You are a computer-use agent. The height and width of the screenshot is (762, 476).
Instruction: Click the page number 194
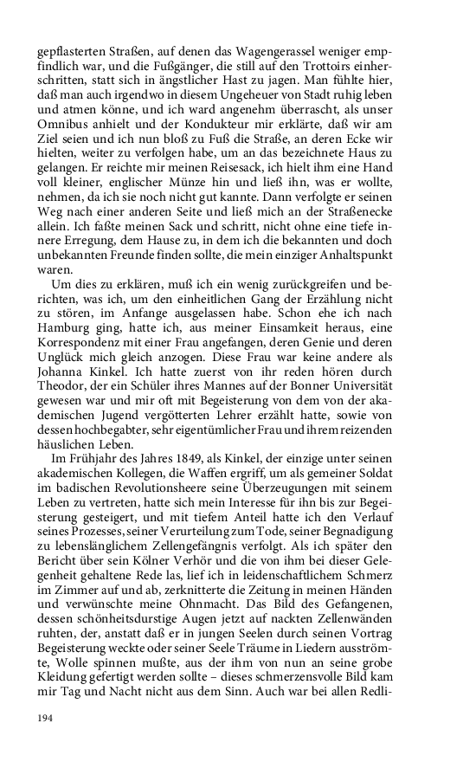[46, 718]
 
